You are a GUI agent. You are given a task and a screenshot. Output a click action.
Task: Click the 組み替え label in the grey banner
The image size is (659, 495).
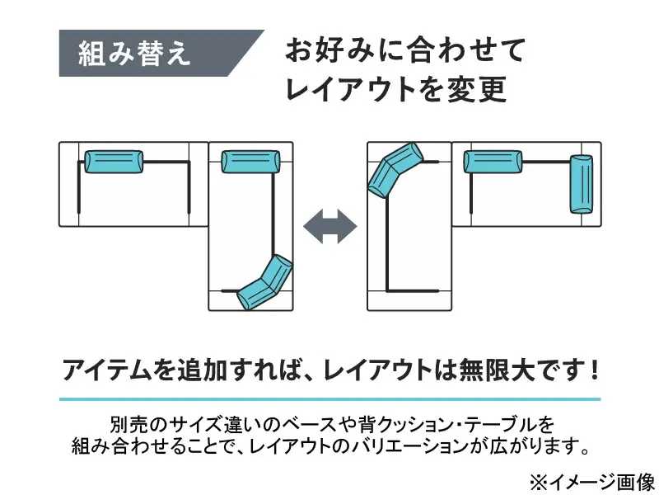click(x=134, y=54)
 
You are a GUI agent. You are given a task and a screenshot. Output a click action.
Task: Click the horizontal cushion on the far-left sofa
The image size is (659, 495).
click(x=114, y=162)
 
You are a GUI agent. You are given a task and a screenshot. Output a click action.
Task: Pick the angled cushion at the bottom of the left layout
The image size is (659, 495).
click(x=264, y=282)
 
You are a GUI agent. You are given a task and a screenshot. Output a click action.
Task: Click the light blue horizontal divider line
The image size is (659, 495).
click(x=329, y=399)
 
